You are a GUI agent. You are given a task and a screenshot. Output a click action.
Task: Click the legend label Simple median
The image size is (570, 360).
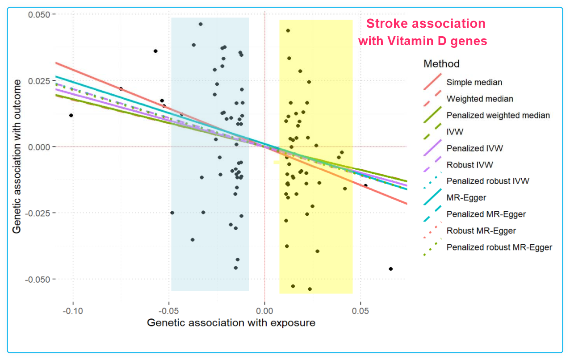pyautogui.click(x=474, y=82)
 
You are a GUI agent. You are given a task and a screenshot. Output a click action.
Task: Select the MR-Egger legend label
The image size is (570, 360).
pyautogui.click(x=466, y=197)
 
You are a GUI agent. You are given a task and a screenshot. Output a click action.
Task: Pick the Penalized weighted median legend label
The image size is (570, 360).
pyautogui.click(x=498, y=115)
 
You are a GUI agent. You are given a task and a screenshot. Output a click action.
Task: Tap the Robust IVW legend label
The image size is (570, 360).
pyautogui.click(x=469, y=165)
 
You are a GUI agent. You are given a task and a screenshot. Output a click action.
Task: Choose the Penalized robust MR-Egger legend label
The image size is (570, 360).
pyautogui.click(x=499, y=247)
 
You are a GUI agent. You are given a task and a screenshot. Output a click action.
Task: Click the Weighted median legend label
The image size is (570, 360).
pyautogui.click(x=480, y=99)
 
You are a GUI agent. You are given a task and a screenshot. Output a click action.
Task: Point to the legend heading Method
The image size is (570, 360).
pyautogui.click(x=441, y=64)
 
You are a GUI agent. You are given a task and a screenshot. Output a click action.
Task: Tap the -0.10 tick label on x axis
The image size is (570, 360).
pyautogui.click(x=73, y=310)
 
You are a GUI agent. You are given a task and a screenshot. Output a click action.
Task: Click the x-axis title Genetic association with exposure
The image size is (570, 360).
pyautogui.click(x=231, y=322)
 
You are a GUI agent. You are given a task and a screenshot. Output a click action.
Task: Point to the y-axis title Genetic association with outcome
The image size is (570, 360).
pyautogui.click(x=17, y=156)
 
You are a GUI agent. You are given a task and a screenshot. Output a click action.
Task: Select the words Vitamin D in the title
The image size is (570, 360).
pyautogui.click(x=415, y=41)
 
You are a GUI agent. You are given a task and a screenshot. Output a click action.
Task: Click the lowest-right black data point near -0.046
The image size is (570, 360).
pyautogui.click(x=391, y=269)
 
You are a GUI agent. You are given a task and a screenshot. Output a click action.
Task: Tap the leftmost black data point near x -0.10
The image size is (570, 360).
pyautogui.click(x=71, y=115)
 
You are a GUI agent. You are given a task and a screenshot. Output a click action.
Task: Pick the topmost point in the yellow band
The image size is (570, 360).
pyautogui.click(x=288, y=30)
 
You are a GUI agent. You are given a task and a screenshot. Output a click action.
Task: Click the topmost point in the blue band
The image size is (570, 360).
pyautogui.click(x=201, y=24)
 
